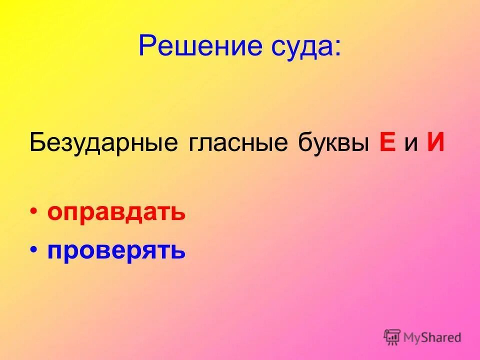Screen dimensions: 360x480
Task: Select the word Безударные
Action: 103,143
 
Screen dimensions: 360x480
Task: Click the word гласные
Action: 238,143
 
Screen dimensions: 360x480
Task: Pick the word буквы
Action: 333,143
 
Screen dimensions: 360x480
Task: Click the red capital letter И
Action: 435,143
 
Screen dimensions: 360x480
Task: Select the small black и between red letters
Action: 410,145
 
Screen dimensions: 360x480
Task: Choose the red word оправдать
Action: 116,213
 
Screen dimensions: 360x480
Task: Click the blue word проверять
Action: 116,250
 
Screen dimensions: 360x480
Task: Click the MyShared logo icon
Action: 392,336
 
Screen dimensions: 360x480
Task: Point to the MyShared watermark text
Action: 432,337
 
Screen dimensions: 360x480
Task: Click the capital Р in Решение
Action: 146,46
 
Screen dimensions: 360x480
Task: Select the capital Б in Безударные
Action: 36,143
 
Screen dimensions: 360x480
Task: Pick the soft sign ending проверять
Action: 178,250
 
